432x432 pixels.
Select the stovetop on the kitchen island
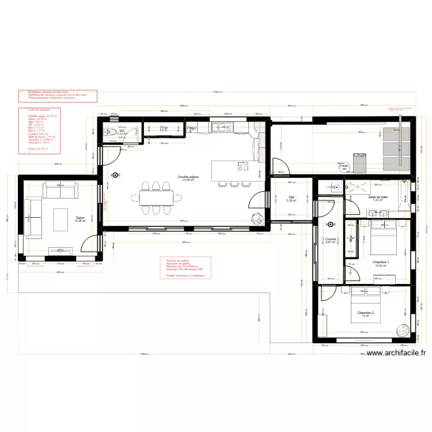242,168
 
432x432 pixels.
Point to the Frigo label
192,128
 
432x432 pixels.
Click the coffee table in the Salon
61,218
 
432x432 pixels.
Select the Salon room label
79,218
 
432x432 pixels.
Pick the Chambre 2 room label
365,313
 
